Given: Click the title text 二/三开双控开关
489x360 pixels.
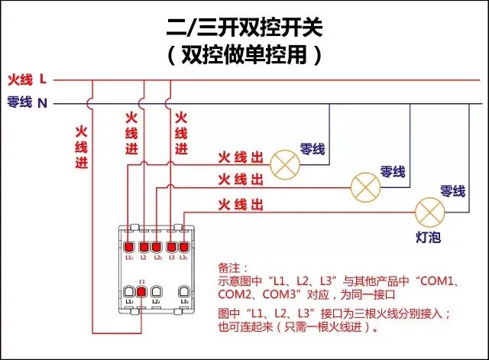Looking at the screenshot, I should (244, 28).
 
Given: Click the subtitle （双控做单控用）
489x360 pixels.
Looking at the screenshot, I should (244, 56).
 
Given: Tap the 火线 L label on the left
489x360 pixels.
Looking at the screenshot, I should (28, 79).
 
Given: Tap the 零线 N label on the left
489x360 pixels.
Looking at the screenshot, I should (28, 102).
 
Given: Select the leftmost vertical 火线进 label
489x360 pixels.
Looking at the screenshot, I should (82, 146).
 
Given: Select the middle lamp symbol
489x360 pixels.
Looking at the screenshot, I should (365, 186).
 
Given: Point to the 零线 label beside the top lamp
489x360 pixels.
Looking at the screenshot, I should (313, 148).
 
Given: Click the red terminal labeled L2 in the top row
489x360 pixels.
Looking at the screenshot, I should (143, 247).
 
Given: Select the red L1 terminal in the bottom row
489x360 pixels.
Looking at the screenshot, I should (141, 291).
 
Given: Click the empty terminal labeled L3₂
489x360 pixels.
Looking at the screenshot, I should (184, 291).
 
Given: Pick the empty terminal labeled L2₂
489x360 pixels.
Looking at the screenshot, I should (156, 291).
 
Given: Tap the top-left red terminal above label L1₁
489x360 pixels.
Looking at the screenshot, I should (128, 247).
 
